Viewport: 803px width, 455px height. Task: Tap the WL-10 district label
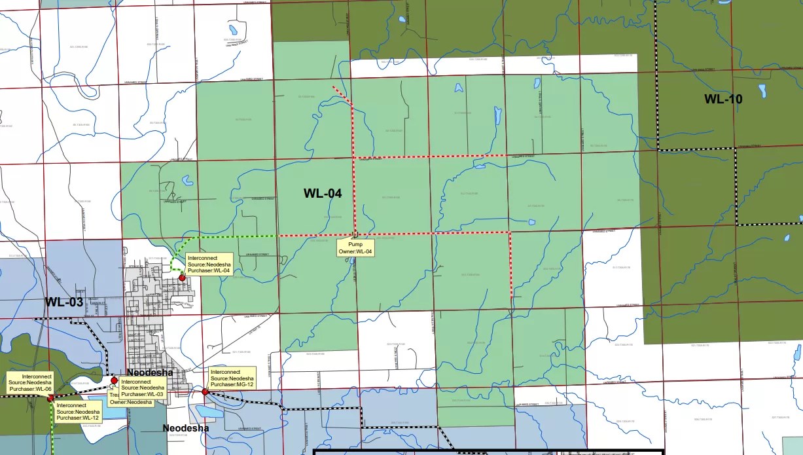point(723,100)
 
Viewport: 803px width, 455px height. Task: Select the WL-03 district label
point(63,302)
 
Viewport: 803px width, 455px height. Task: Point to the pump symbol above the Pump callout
point(355,234)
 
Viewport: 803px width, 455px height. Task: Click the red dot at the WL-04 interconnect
point(182,278)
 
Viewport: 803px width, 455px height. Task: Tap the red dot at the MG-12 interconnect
point(205,391)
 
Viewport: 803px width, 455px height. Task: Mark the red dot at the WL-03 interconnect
point(114,380)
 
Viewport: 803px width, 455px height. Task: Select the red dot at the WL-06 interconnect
point(50,397)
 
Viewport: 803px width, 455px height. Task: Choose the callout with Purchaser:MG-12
point(231,378)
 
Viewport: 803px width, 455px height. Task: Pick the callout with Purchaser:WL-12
point(78,411)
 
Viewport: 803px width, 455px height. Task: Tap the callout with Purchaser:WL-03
point(142,388)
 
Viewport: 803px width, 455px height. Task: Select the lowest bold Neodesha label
point(185,429)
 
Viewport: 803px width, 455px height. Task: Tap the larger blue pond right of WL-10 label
point(762,90)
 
